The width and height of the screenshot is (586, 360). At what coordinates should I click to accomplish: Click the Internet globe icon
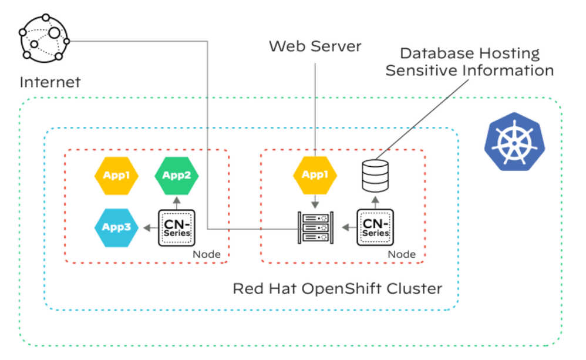[44, 37]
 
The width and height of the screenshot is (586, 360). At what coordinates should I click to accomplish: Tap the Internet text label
[50, 82]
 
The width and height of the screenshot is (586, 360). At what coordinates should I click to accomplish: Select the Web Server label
[315, 46]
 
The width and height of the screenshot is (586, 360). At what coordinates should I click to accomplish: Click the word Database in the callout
[432, 53]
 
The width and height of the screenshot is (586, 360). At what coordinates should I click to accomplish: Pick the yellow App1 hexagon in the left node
[116, 174]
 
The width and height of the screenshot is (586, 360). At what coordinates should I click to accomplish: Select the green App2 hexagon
[176, 174]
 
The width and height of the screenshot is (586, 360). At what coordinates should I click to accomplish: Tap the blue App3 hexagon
[116, 227]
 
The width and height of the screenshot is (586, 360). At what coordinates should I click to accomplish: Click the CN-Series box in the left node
[176, 227]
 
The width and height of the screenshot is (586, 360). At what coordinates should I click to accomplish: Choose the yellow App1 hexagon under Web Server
[315, 174]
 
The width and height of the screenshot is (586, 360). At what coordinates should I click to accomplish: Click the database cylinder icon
[375, 176]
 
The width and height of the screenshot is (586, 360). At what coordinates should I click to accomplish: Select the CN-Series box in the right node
[375, 227]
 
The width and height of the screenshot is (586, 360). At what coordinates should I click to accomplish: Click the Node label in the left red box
[207, 254]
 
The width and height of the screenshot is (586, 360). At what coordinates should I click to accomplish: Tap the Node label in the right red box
[402, 254]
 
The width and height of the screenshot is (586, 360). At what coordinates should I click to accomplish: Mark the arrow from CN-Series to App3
[149, 227]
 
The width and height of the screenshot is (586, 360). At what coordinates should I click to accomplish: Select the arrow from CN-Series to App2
[176, 201]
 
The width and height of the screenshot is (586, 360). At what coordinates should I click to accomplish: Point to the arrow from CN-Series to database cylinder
[375, 201]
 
